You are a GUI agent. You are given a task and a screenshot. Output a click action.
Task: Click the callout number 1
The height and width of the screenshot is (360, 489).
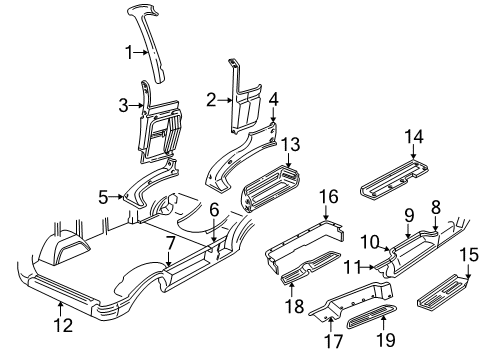click(127, 52)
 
